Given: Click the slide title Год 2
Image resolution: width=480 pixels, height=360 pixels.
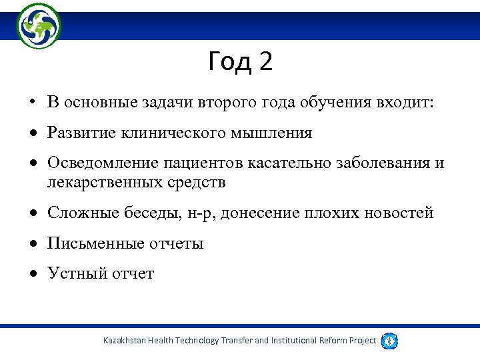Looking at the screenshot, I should [x=240, y=62].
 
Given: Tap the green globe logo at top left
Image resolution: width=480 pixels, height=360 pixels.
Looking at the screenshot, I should [x=38, y=25].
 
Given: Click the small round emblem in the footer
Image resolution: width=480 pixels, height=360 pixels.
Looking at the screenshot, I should [x=390, y=341].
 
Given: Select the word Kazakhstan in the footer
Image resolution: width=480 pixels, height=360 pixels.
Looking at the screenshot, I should [x=125, y=341].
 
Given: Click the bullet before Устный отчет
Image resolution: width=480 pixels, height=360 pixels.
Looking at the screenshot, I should [x=32, y=273].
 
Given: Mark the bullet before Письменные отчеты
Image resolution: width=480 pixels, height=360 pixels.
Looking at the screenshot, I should [x=32, y=243].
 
